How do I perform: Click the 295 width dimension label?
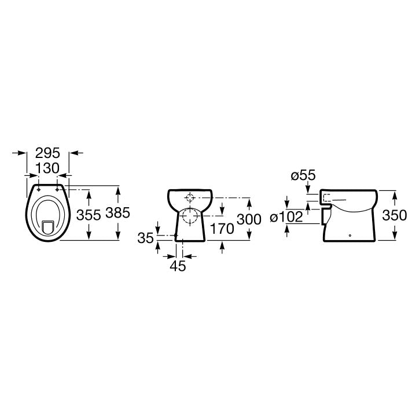(x=47, y=153)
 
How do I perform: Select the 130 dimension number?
(x=47, y=168)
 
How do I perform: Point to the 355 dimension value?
(x=89, y=215)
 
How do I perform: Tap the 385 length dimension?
(x=117, y=213)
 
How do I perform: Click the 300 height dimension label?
(x=249, y=219)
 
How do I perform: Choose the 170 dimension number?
(x=222, y=229)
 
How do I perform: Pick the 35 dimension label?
(x=146, y=238)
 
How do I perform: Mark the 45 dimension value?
(x=178, y=266)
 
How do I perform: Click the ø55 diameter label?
(x=303, y=175)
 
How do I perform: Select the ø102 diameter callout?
(x=286, y=218)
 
